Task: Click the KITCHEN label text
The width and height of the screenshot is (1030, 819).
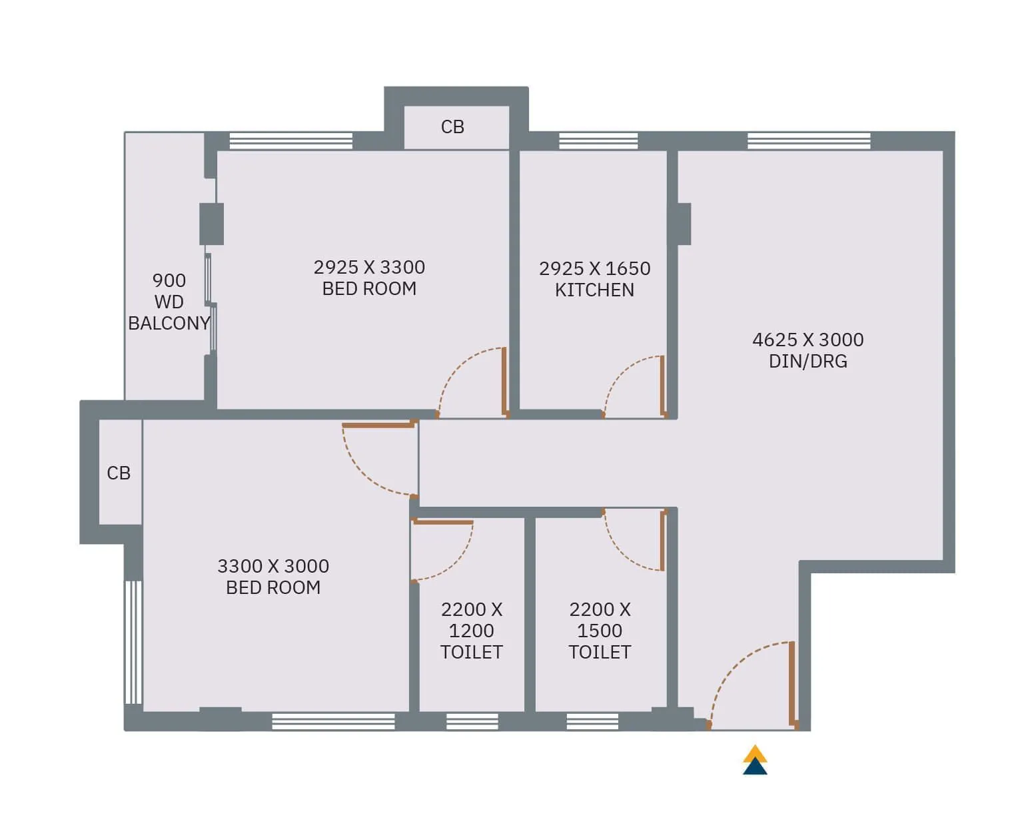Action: tap(594, 290)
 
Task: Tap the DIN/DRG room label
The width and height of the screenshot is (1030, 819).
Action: tap(807, 362)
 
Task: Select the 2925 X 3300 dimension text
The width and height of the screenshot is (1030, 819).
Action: tap(369, 268)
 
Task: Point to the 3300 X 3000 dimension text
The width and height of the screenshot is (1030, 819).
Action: tap(273, 567)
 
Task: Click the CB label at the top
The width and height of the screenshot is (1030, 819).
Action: tap(452, 127)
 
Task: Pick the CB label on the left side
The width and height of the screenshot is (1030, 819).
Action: tap(119, 473)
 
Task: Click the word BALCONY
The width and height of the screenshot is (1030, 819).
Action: tap(169, 324)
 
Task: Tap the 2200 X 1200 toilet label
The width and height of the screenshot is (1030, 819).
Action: tap(472, 631)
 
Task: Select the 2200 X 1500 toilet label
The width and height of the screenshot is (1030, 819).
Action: tap(600, 631)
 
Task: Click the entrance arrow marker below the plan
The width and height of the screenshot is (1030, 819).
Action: tap(755, 760)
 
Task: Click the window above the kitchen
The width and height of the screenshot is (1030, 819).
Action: tap(598, 141)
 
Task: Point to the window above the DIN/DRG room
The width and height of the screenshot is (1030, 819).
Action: tap(809, 141)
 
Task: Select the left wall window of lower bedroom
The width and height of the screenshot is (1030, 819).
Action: tap(134, 642)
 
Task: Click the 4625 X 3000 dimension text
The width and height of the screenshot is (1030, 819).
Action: tap(807, 340)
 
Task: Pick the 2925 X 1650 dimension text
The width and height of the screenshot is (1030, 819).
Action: tap(594, 269)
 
